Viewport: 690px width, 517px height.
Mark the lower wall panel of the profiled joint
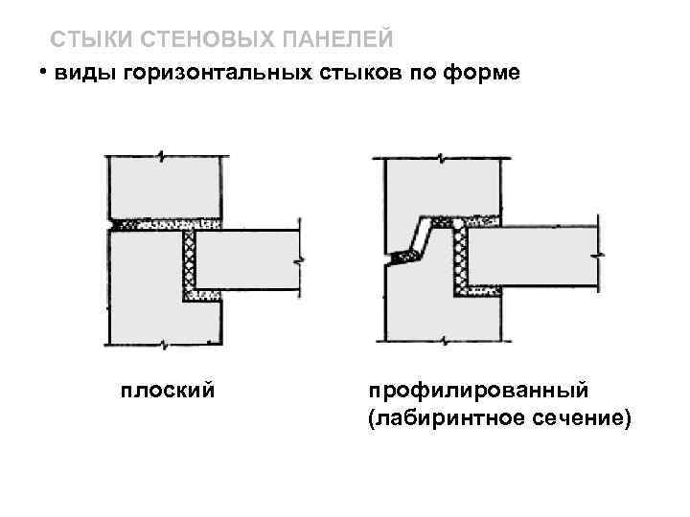pyautogui.click(x=417, y=306)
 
